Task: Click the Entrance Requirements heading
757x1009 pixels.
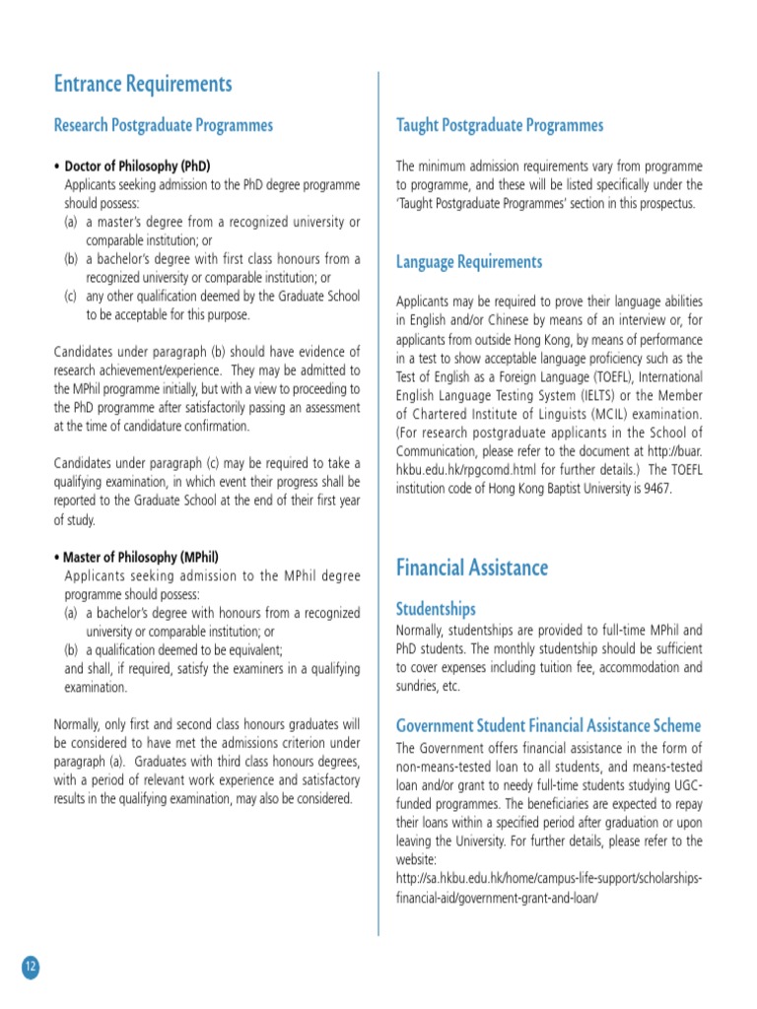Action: [x=143, y=84]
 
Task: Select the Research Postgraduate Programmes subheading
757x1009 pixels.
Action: [x=163, y=125]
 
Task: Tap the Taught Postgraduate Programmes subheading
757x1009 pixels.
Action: [x=499, y=125]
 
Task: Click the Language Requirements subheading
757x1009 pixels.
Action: [x=469, y=262]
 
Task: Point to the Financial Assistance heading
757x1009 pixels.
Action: [x=472, y=568]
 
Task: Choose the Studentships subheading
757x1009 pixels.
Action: [x=435, y=609]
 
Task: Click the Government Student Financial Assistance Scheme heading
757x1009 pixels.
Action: [x=548, y=726]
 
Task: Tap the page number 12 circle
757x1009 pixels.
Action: [x=30, y=967]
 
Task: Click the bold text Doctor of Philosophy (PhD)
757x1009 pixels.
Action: [x=137, y=166]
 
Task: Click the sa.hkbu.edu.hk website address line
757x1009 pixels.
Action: [x=549, y=878]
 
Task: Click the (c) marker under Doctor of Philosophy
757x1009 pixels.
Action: [x=71, y=297]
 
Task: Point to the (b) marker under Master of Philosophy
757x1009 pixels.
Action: [x=71, y=649]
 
